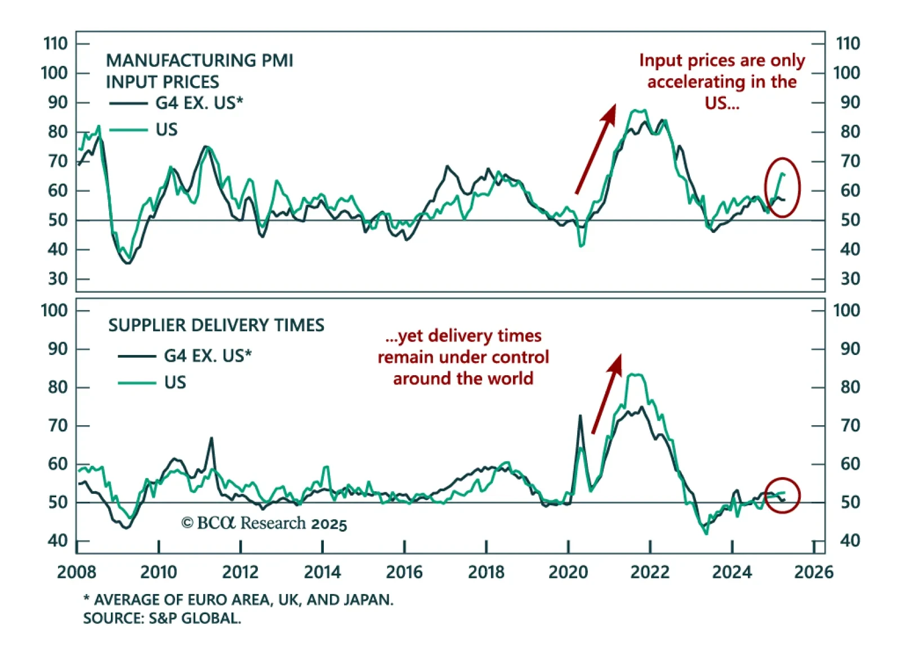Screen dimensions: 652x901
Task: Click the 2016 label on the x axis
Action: tap(404, 572)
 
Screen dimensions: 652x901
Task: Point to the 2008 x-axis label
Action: tap(77, 572)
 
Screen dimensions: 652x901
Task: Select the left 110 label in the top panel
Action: tap(55, 43)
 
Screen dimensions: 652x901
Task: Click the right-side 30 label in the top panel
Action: tap(850, 278)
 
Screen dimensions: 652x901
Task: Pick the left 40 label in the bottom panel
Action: tap(57, 541)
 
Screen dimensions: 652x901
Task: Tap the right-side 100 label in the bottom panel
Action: tap(846, 310)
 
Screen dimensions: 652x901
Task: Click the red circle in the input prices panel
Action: tap(782, 187)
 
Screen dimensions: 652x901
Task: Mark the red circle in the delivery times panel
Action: tap(782, 495)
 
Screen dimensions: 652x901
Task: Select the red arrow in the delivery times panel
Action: tap(607, 393)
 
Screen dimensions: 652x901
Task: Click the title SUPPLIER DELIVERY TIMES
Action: tap(216, 325)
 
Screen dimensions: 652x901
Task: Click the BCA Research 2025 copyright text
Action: tap(264, 523)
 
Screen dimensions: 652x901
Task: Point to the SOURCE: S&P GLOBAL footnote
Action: tap(162, 618)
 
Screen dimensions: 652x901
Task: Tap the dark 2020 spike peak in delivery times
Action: tap(580, 416)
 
